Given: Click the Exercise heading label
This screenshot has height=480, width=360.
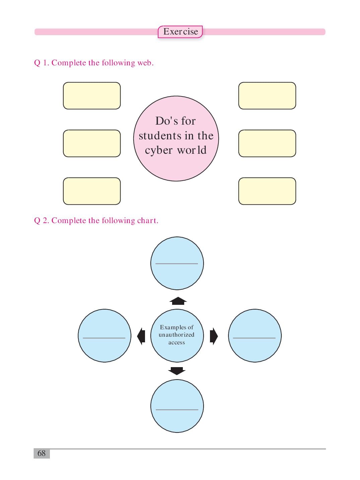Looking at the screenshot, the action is pos(180,32).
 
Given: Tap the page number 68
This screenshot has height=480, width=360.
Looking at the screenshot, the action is pos(42,453).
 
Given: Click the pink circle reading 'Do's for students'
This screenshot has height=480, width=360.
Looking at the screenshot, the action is pos(176,138).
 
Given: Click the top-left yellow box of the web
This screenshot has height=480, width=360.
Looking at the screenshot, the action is pos(92,95).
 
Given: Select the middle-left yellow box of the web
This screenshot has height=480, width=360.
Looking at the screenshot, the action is pos(92,143).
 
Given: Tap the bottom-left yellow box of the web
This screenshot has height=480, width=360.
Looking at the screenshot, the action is pos(92,191).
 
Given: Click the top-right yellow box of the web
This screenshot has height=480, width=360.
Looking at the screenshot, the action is pos(267,95).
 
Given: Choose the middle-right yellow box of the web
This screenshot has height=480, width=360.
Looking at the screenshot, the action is pos(267,143).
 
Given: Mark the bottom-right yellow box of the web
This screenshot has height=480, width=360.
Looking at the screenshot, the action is pos(267,191).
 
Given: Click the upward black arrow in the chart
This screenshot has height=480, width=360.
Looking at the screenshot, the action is pos(178,301).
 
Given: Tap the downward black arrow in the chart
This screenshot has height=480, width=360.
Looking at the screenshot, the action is pos(176,371).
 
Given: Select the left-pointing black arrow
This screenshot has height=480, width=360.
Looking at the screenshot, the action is pos(141,336).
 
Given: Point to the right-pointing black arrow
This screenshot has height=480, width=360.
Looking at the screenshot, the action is pos(214,336).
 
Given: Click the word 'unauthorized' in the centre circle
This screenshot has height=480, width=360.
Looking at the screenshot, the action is pos(176,335).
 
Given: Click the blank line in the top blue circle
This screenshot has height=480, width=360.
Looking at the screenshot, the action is pos(176,264).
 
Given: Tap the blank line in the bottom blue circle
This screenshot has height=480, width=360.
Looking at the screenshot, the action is pos(177,410).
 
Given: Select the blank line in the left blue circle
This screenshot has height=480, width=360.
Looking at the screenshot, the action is pos(104,338).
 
